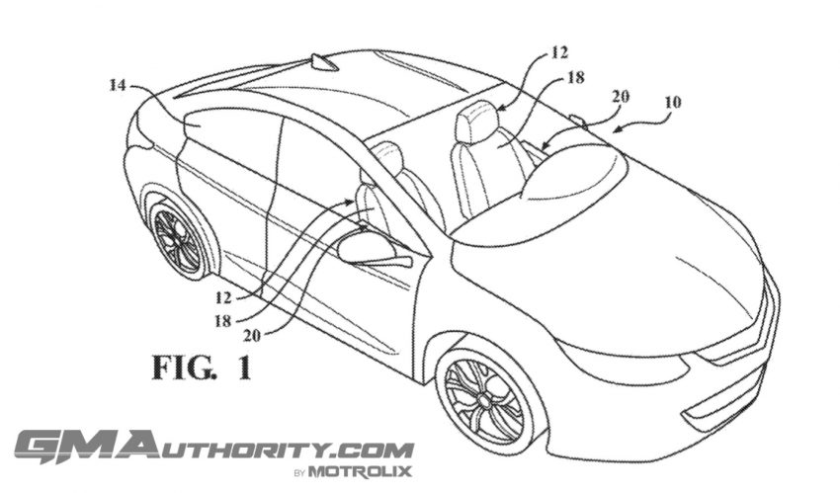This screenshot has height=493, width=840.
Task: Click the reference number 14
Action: click(117, 85)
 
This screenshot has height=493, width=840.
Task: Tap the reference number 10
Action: click(673, 102)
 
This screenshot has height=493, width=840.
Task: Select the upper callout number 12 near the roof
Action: click(558, 52)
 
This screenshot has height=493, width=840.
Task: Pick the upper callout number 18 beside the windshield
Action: click(575, 78)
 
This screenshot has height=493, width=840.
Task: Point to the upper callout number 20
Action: click(621, 97)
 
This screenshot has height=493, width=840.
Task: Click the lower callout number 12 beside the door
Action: click(224, 296)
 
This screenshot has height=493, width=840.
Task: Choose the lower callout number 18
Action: click(223, 321)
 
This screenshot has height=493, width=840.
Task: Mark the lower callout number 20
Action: click(252, 336)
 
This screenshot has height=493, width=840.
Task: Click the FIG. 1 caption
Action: click(202, 368)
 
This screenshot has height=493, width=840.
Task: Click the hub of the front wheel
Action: click(485, 399)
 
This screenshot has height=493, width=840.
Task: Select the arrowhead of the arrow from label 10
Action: click(616, 128)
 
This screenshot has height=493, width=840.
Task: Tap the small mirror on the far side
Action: click(577, 120)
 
